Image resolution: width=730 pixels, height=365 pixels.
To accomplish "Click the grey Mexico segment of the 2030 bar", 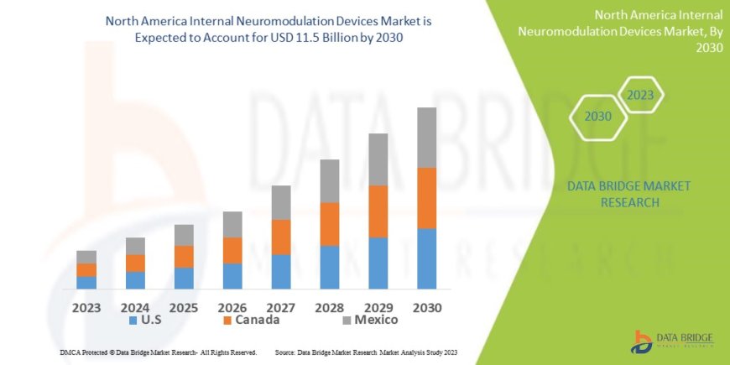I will click(426, 138).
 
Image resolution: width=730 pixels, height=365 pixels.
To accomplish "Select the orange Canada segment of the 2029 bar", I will click(378, 211).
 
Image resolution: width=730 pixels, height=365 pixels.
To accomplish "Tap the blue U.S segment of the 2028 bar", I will click(330, 267).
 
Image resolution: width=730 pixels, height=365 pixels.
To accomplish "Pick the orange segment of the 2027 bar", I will click(281, 237).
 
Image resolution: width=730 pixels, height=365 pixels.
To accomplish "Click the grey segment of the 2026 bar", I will click(232, 224).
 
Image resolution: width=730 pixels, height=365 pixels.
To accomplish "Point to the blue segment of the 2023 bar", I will click(86, 282).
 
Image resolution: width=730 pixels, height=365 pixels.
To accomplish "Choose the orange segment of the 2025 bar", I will click(184, 256).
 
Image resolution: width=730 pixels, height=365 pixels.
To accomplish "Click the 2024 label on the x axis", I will click(135, 308).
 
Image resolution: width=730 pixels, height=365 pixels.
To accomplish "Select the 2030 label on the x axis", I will click(426, 308).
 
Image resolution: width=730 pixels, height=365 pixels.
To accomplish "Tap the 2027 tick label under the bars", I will click(281, 308).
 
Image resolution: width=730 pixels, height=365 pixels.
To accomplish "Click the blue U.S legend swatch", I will click(133, 321).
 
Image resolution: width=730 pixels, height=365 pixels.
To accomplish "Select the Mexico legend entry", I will click(370, 320).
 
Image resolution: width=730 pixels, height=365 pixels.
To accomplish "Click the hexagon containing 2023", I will click(639, 95).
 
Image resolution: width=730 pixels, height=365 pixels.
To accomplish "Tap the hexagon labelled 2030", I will click(598, 117).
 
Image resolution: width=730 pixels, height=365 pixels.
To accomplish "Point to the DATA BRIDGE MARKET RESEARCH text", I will click(617, 194).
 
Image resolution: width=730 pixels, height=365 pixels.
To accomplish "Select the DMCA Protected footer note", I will click(159, 352).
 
